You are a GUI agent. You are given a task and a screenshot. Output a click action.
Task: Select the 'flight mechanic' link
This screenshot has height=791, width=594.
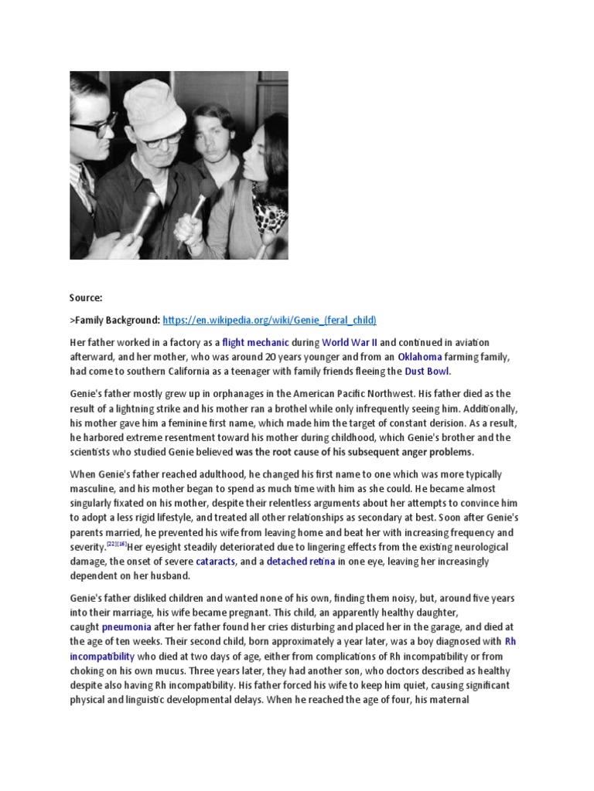[256, 342]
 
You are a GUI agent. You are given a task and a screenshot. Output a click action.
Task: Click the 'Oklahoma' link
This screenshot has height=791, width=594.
[419, 357]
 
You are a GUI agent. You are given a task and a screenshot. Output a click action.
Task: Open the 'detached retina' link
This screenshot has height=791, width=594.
[301, 562]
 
